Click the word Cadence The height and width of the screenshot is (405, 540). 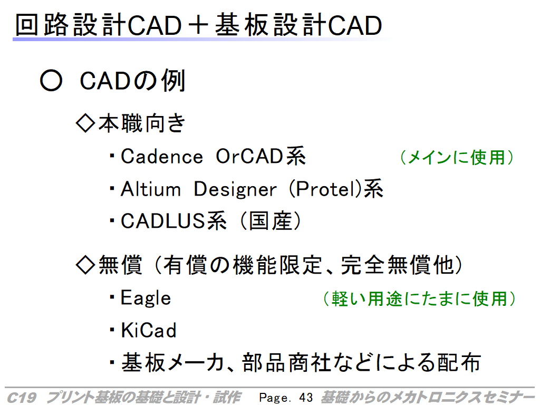[x=162, y=157]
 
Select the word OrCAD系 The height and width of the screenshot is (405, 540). [x=261, y=156]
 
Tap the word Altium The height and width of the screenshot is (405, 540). [x=151, y=189]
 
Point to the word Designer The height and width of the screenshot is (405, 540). [x=235, y=190]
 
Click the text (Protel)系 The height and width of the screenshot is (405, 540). [x=336, y=189]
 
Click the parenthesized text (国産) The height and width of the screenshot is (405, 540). [x=271, y=221]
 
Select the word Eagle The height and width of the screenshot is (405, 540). [x=146, y=298]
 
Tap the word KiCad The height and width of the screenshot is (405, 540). [x=149, y=330]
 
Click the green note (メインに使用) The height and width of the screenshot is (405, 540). [x=457, y=157]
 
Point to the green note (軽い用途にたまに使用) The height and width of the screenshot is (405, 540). [x=419, y=298]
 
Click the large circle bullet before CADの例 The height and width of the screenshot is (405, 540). [x=51, y=81]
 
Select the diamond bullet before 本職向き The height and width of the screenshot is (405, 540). [x=85, y=123]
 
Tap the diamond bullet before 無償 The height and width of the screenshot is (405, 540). [x=85, y=265]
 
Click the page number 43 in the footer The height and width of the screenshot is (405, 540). [x=306, y=398]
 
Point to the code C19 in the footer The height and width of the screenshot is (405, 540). [x=21, y=398]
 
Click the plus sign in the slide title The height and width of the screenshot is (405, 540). [x=198, y=25]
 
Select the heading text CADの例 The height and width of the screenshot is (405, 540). [x=132, y=81]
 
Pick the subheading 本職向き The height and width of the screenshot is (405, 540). [x=142, y=123]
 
